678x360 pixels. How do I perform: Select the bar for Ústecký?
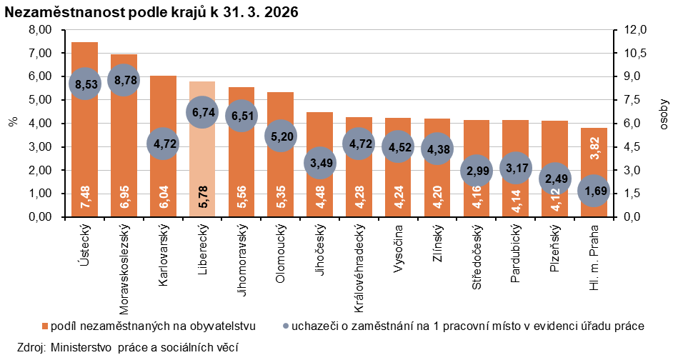click(x=85, y=143)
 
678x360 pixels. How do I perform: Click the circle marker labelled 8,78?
click(x=124, y=81)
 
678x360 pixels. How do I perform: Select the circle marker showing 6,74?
click(x=202, y=112)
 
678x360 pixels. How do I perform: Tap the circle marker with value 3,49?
click(x=319, y=162)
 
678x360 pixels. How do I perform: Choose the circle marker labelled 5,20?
click(x=281, y=135)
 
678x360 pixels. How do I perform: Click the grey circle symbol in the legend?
click(x=286, y=326)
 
